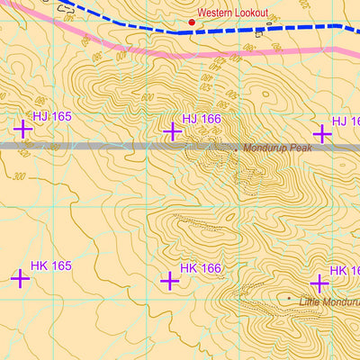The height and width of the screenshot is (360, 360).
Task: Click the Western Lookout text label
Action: pyautogui.click(x=232, y=13)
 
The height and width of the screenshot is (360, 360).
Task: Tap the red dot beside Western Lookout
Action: pyautogui.click(x=191, y=22)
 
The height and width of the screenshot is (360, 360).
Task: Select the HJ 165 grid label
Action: pyautogui.click(x=51, y=116)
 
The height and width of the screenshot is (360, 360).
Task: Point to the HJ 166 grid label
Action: pyautogui.click(x=201, y=118)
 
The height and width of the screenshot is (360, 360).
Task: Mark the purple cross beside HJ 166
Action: pyautogui.click(x=172, y=131)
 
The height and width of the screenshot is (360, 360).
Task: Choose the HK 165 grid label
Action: pyautogui.click(x=50, y=265)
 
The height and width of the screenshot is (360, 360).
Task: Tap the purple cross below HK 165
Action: pyautogui.click(x=20, y=278)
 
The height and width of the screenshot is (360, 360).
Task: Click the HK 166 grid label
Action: pyautogui.click(x=200, y=268)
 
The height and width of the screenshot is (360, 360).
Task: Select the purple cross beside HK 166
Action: pyautogui.click(x=169, y=281)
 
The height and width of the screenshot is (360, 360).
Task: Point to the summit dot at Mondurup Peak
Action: pyautogui.click(x=237, y=148)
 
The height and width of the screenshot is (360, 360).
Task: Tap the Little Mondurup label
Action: pyautogui.click(x=328, y=302)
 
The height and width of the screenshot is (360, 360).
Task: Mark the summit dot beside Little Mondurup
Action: pyautogui.click(x=289, y=298)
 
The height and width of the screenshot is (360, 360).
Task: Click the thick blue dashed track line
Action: pyautogui.click(x=270, y=30)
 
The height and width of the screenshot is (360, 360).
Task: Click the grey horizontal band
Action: pyautogui.click(x=90, y=145)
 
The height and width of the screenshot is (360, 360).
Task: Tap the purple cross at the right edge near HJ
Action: pyautogui.click(x=321, y=133)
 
